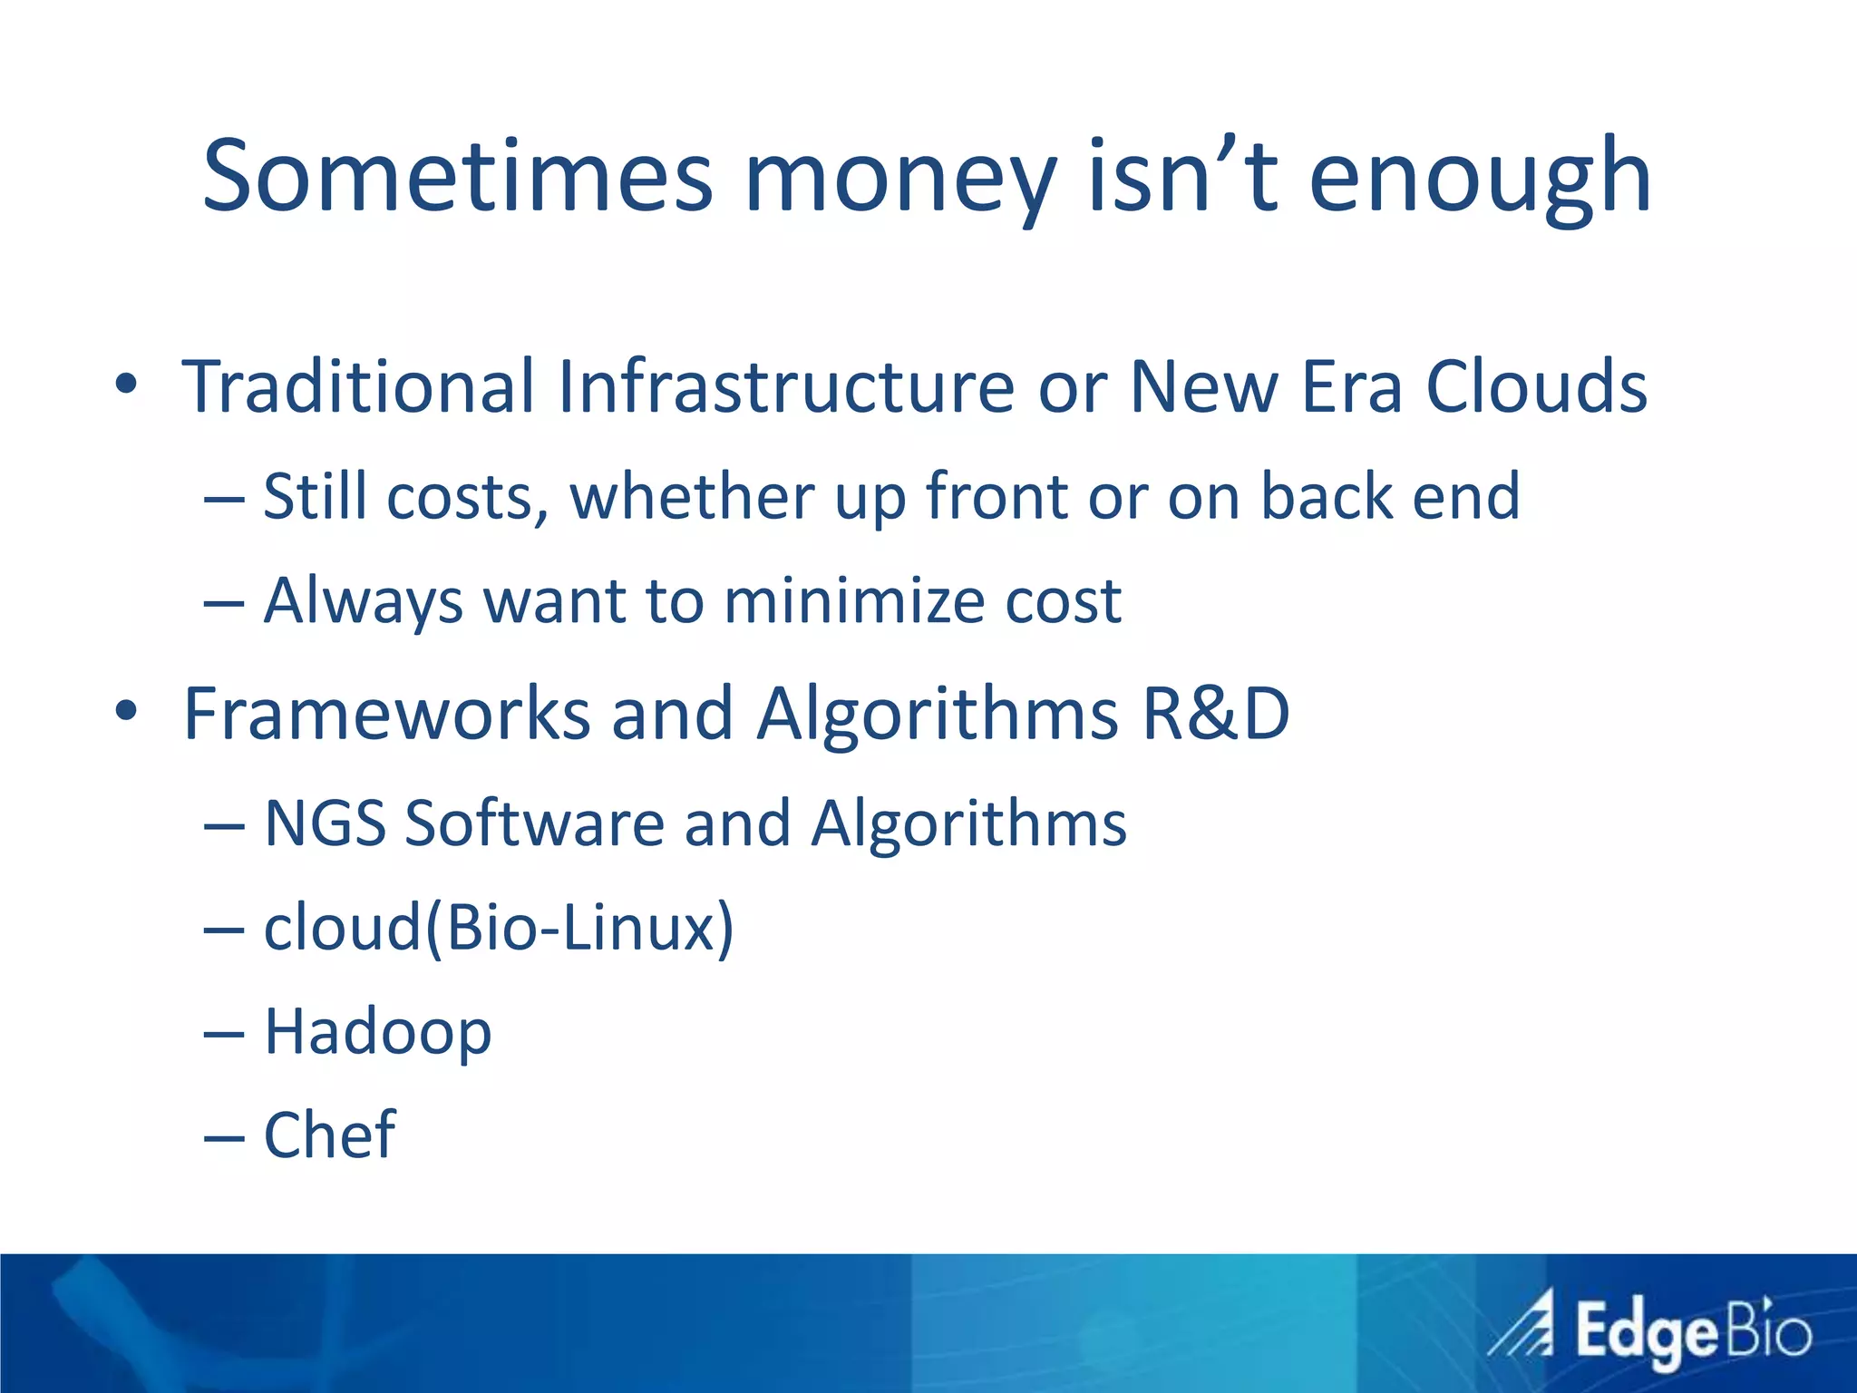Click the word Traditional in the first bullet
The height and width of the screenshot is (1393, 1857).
coord(358,387)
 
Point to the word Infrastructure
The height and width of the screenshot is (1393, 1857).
coord(785,387)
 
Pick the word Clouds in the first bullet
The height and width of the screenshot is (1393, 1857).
coord(1536,387)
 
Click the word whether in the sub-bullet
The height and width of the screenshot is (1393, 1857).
coord(692,497)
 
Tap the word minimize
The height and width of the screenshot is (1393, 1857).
coord(853,601)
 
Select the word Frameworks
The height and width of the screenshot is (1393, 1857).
coord(386,714)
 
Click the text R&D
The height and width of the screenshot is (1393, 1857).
coord(1215,714)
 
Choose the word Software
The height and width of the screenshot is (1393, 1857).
coord(534,823)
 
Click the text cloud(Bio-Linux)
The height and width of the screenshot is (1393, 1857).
coord(499,928)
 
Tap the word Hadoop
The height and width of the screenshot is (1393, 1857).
coord(377,1032)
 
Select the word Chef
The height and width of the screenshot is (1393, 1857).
coord(329,1135)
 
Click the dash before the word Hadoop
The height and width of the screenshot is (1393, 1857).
coord(224,1034)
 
